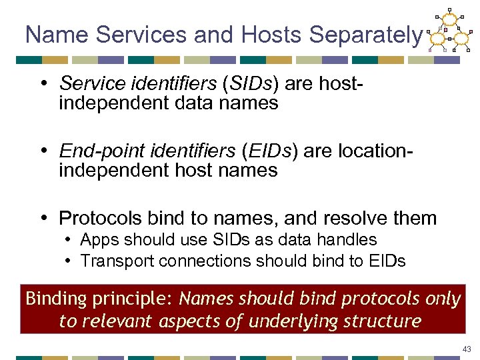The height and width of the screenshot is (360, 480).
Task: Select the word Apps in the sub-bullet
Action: tap(99, 239)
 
